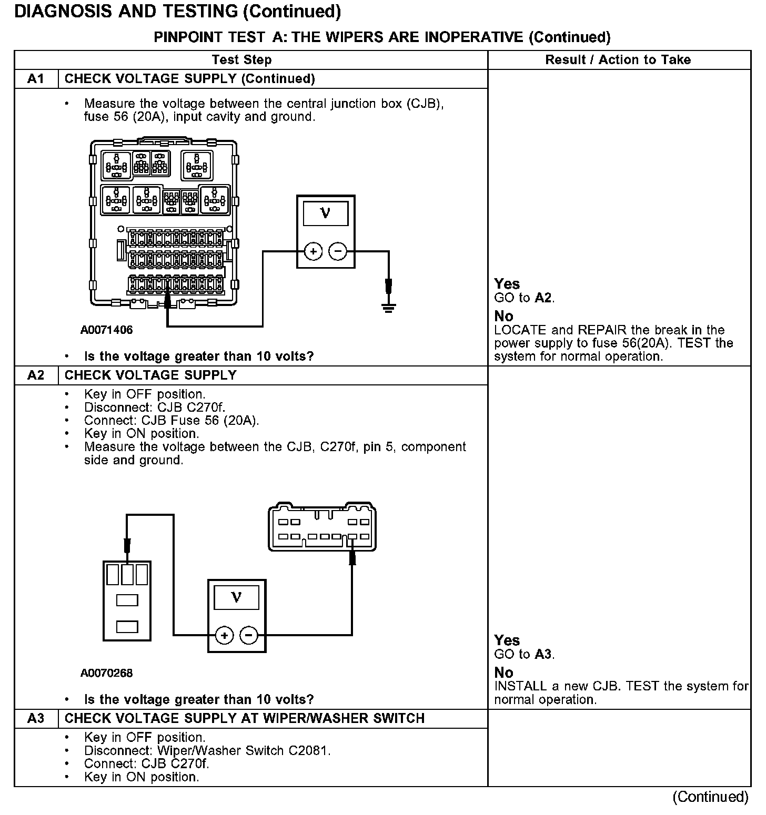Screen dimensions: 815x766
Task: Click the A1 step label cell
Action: (x=36, y=79)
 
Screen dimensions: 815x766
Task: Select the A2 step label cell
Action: (x=36, y=375)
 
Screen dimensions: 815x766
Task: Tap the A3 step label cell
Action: (x=36, y=718)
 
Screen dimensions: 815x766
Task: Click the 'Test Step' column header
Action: (x=241, y=59)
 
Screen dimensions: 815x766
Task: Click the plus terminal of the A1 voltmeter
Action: (x=313, y=252)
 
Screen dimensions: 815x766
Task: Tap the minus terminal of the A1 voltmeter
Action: (x=338, y=252)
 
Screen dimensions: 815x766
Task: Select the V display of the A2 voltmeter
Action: (x=236, y=598)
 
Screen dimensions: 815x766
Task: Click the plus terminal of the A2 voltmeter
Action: (x=225, y=636)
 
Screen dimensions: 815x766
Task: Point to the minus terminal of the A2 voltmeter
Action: (x=249, y=636)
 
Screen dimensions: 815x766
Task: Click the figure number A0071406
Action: (x=107, y=330)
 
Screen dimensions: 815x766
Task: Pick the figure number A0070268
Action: (x=107, y=673)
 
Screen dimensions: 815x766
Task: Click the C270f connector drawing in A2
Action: (x=322, y=528)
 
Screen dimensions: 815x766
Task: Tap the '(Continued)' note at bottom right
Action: (x=710, y=797)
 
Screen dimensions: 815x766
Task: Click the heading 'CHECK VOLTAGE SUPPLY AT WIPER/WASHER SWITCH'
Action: (x=244, y=718)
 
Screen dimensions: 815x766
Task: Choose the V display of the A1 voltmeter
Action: (x=325, y=213)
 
